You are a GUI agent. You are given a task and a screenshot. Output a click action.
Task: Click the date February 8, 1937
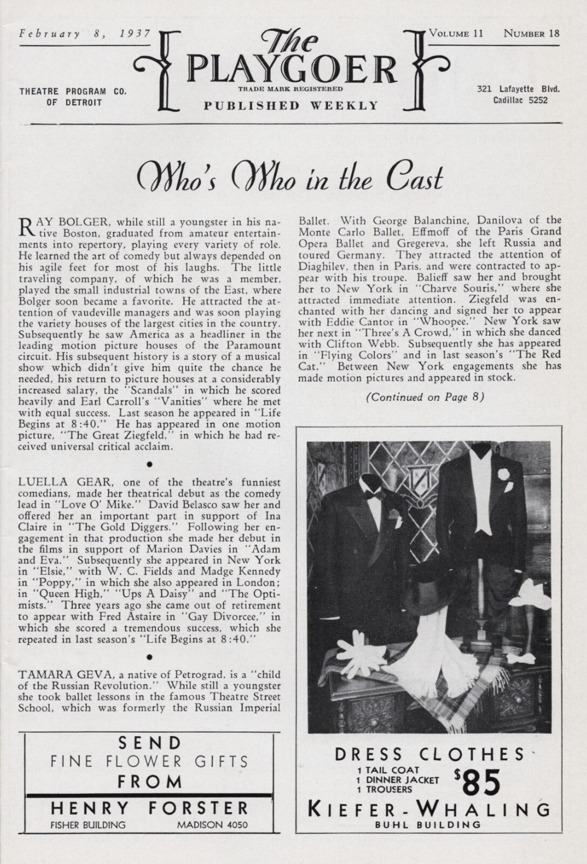tap(77, 33)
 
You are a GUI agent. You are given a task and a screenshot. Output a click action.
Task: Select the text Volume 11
tap(456, 33)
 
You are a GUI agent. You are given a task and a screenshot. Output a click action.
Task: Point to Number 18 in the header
tap(531, 33)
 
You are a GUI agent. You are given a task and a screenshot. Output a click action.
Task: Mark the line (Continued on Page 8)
tap(425, 397)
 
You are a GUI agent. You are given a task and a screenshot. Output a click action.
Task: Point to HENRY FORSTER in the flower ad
tap(149, 808)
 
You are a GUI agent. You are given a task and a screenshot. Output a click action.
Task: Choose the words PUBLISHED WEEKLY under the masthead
tap(291, 105)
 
